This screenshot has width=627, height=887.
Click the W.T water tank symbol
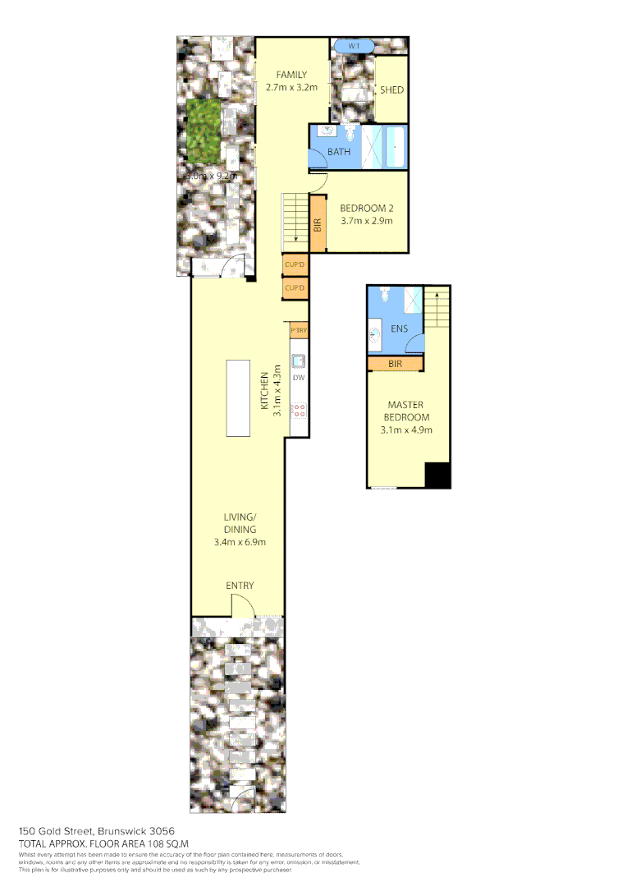pyautogui.click(x=354, y=46)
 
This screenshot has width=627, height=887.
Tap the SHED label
pyautogui.click(x=391, y=90)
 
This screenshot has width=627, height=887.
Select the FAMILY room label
pyautogui.click(x=291, y=75)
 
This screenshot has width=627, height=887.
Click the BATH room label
pyautogui.click(x=339, y=152)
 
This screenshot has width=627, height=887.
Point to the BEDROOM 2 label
pyautogui.click(x=367, y=208)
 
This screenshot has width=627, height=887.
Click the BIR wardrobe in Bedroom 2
pyautogui.click(x=318, y=223)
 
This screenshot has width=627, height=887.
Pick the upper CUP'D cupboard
pyautogui.click(x=294, y=265)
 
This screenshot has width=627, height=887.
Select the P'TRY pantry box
pyautogui.click(x=299, y=331)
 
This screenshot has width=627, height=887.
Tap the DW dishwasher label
pyautogui.click(x=299, y=378)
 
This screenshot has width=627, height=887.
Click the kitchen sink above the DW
pyautogui.click(x=299, y=360)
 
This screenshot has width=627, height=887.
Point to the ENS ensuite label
pyautogui.click(x=399, y=329)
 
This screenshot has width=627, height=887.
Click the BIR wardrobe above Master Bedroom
pyautogui.click(x=396, y=363)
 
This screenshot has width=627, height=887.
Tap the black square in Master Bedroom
pyautogui.click(x=437, y=476)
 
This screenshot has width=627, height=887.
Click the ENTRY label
pyautogui.click(x=240, y=586)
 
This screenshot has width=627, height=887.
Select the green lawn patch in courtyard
pyautogui.click(x=203, y=130)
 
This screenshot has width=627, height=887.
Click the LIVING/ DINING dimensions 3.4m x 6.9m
pyautogui.click(x=240, y=542)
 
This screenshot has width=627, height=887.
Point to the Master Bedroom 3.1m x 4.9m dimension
pyautogui.click(x=406, y=430)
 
